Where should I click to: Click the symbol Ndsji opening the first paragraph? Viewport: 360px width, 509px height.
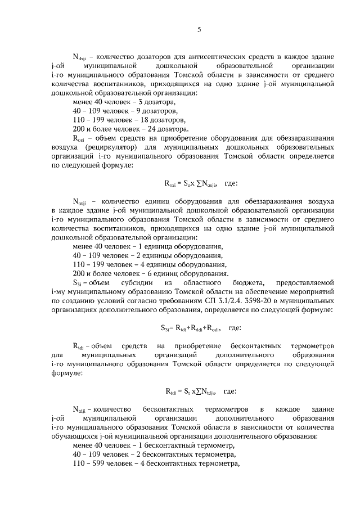point(81,57)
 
